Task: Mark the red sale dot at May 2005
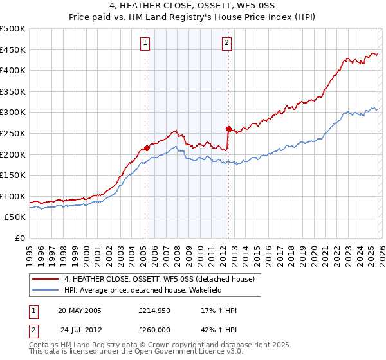(147, 148)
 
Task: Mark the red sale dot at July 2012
(228, 129)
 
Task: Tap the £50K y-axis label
(15, 217)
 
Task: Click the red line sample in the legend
(46, 279)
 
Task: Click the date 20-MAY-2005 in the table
(79, 310)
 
